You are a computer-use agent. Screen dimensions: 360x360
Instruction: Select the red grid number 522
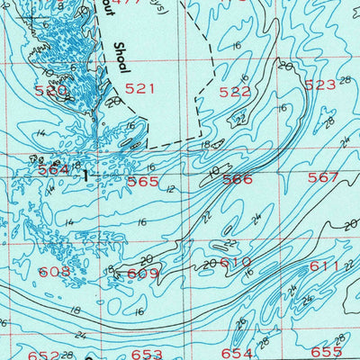pos(235,92)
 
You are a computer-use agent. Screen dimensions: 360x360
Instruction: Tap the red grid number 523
pos(319,85)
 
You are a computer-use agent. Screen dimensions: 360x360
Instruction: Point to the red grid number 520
pos(51,91)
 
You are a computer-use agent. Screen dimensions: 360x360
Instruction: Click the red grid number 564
pos(53,170)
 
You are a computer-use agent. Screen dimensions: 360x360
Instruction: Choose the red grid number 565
pos(143,181)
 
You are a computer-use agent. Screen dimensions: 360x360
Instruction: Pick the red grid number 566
pos(238,179)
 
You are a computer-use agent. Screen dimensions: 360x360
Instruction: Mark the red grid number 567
pos(323,177)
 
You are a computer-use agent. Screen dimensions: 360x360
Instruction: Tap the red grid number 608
pos(54,271)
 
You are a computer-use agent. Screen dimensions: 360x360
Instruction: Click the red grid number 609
pos(142,274)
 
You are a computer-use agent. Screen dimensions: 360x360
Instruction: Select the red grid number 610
pos(236,262)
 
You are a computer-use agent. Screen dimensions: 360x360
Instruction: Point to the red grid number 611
pos(325,266)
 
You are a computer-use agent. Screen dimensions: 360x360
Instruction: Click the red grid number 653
pos(147,355)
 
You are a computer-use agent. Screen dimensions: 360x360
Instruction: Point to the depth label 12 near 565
pos(170,188)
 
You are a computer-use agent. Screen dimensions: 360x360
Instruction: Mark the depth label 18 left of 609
pos(110,269)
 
